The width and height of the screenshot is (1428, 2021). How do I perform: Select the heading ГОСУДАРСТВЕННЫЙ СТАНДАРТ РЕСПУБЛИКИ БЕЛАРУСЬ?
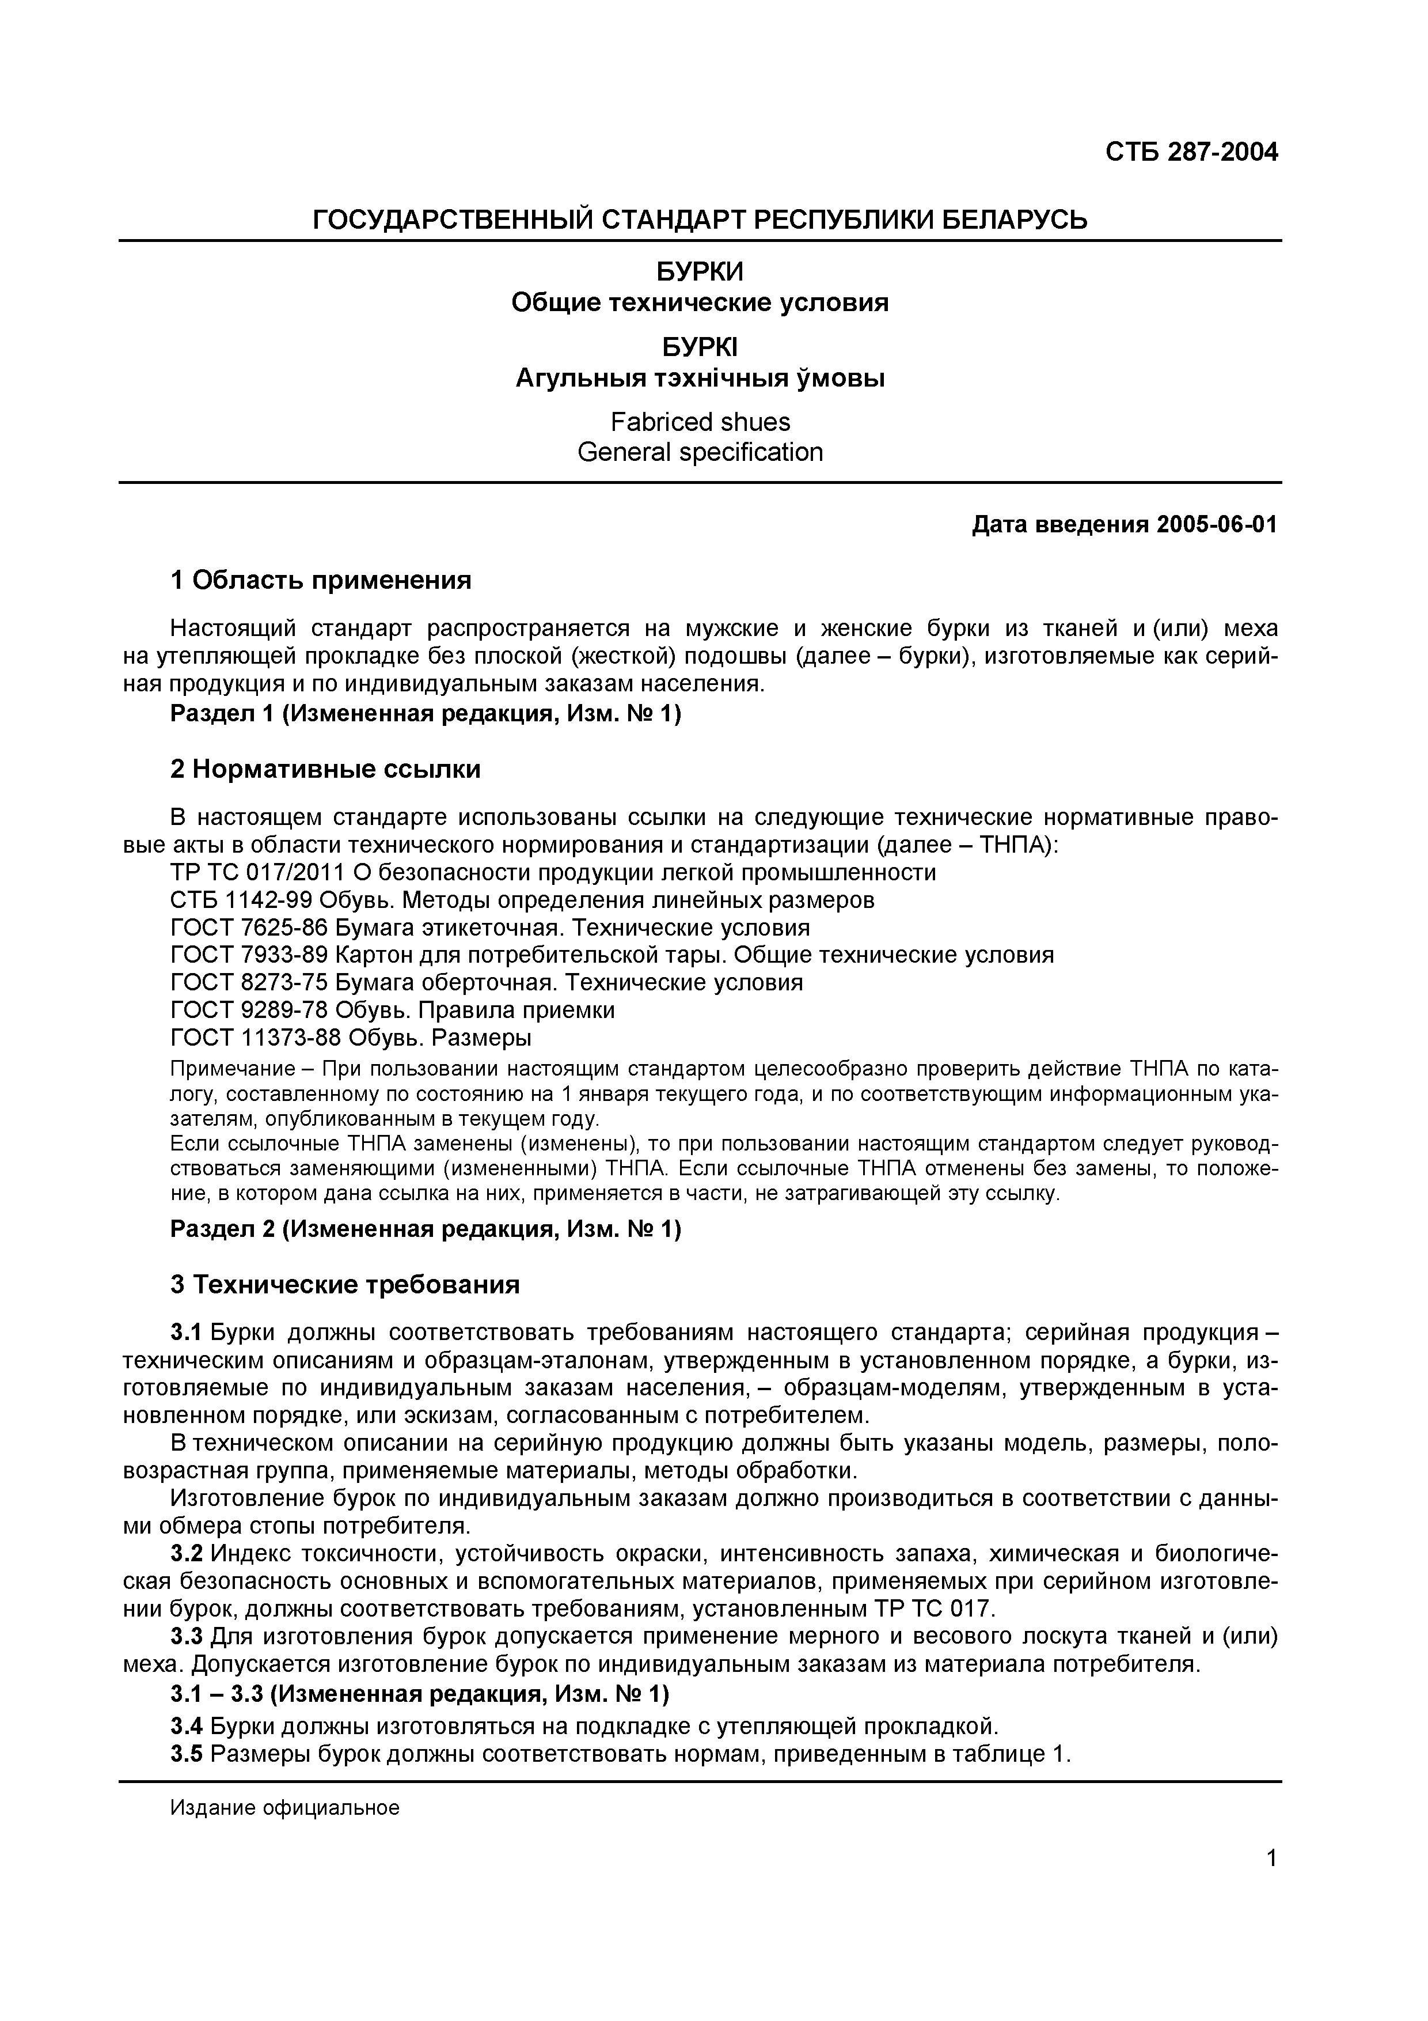[x=700, y=219]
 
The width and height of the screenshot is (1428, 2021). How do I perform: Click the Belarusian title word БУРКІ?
[x=700, y=349]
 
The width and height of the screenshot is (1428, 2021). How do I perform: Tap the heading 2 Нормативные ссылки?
[x=325, y=769]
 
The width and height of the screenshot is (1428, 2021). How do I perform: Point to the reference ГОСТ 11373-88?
[x=255, y=1038]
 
